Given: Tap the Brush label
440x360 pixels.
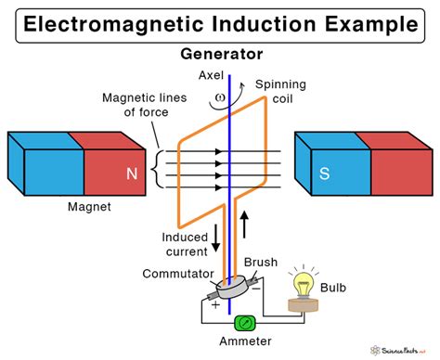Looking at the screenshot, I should point(262,264).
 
